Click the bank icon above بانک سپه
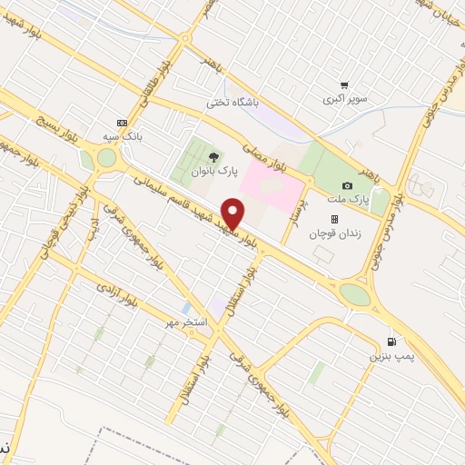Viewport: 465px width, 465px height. pyautogui.click(x=122, y=123)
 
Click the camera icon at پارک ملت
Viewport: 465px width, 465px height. pyautogui.click(x=346, y=185)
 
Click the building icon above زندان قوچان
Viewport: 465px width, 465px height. pyautogui.click(x=333, y=219)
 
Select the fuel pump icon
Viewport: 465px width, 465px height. pyautogui.click(x=391, y=341)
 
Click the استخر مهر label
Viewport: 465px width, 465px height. pyautogui.click(x=185, y=323)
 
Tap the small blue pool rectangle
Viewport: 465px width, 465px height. pyautogui.click(x=186, y=308)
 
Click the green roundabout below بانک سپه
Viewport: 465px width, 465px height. pyautogui.click(x=106, y=157)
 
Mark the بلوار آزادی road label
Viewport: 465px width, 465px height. pyautogui.click(x=117, y=293)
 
